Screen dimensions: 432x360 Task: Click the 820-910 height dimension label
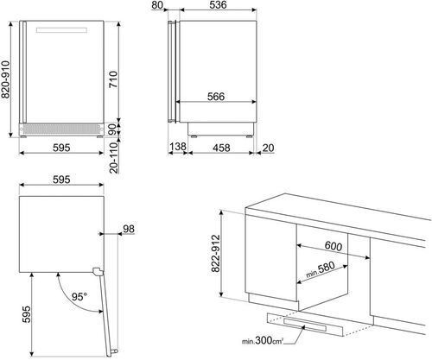click(6, 79)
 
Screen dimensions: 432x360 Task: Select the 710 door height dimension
click(113, 79)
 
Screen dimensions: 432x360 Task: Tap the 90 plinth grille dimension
click(112, 129)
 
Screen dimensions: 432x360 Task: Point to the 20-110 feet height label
click(114, 157)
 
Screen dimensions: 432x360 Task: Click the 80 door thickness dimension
click(157, 5)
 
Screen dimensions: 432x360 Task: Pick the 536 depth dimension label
click(218, 5)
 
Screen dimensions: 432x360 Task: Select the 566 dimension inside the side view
click(216, 97)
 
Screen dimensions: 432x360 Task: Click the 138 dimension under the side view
click(178, 147)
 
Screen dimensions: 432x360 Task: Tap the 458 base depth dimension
click(221, 148)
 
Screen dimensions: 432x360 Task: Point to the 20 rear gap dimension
click(268, 148)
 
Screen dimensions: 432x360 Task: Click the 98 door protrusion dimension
click(129, 229)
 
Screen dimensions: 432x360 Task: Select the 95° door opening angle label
click(79, 297)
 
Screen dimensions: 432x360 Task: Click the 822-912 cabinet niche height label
click(216, 254)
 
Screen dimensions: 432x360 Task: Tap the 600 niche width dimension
click(334, 246)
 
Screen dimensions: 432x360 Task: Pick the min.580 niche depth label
click(321, 269)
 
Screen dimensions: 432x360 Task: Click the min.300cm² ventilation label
click(263, 341)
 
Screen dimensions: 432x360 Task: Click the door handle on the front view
click(61, 30)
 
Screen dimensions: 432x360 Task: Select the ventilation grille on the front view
click(61, 129)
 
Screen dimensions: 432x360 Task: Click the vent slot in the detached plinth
click(305, 325)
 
